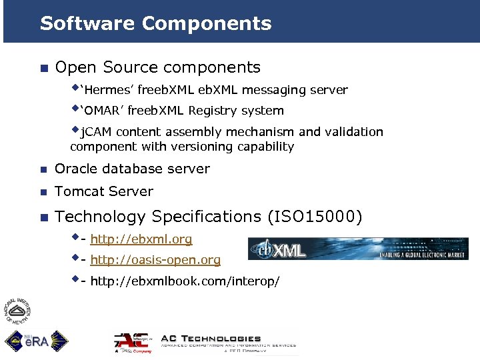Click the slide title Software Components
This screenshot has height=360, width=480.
155,23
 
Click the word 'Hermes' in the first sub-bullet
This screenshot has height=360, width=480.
110,90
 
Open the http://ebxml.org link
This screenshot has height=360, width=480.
141,239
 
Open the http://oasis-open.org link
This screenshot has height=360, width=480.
155,261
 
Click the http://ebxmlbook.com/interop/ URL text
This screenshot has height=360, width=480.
184,281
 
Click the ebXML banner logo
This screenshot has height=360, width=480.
358,249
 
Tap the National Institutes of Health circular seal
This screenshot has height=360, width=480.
18,310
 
